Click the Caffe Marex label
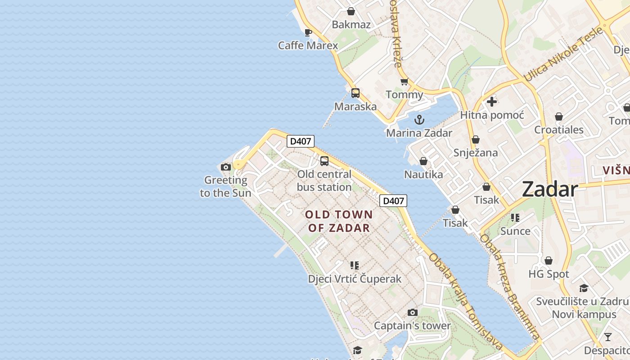click(x=308, y=45)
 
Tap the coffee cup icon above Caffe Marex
click(x=308, y=32)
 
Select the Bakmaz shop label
click(x=351, y=25)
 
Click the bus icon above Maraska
click(x=355, y=93)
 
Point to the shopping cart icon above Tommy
click(x=404, y=81)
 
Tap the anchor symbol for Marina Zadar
click(x=419, y=120)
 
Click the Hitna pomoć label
click(x=492, y=115)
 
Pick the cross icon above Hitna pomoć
click(x=492, y=102)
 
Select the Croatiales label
click(x=558, y=130)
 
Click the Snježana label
click(x=476, y=153)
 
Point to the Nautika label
click(x=423, y=175)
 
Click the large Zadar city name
click(x=550, y=189)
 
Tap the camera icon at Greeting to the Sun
click(x=226, y=167)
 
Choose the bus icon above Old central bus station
click(x=324, y=161)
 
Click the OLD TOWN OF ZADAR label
click(x=339, y=221)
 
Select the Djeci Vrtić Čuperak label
click(x=355, y=279)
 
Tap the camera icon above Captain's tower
click(x=412, y=312)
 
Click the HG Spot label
click(x=549, y=274)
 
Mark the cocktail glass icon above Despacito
click(x=608, y=337)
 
